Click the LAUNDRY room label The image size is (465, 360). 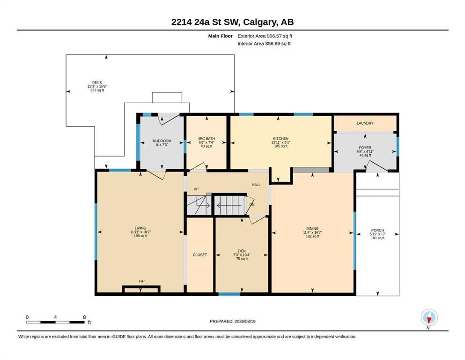pyautogui.click(x=365, y=123)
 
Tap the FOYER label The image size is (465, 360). pyautogui.click(x=365, y=148)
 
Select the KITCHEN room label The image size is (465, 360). pyautogui.click(x=280, y=139)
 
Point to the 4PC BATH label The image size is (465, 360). pyautogui.click(x=207, y=139)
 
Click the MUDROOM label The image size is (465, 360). pyautogui.click(x=162, y=141)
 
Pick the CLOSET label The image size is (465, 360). pyautogui.click(x=200, y=255)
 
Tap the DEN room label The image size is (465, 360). pyautogui.click(x=242, y=251)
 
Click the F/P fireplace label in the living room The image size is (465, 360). pyautogui.click(x=142, y=281)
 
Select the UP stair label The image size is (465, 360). pyautogui.click(x=196, y=189)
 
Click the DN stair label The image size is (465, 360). pyautogui.click(x=252, y=205)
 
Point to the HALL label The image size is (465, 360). pyautogui.click(x=256, y=185)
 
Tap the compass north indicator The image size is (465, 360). pyautogui.click(x=429, y=318)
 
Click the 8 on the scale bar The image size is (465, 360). pyautogui.click(x=84, y=317)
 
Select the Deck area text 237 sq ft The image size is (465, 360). pyautogui.click(x=97, y=90)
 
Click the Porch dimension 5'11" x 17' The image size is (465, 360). pyautogui.click(x=377, y=234)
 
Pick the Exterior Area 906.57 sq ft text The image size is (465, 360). pyautogui.click(x=265, y=36)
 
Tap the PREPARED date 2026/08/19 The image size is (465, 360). pyautogui.click(x=245, y=321)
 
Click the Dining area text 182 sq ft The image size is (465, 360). pyautogui.click(x=312, y=237)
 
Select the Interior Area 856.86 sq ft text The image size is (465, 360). pyautogui.click(x=264, y=44)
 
